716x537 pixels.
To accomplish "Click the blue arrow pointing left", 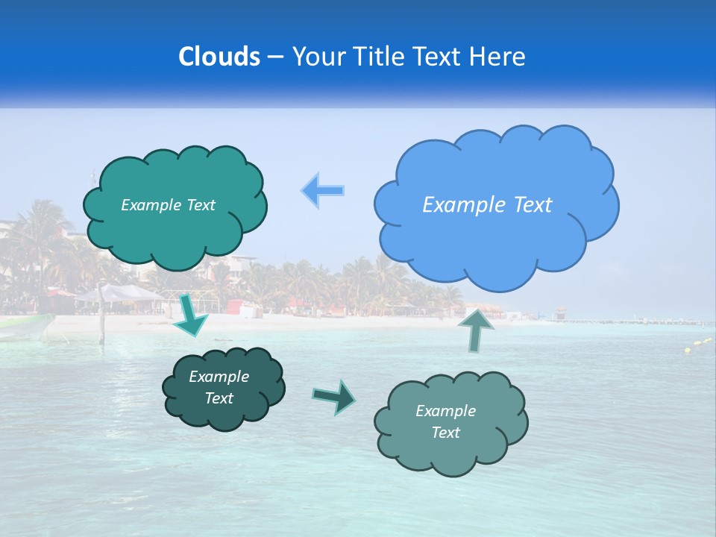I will pyautogui.click(x=323, y=191).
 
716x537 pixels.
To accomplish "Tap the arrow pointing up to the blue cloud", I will pyautogui.click(x=477, y=329).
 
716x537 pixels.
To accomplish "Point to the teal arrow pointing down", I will pyautogui.click(x=192, y=315).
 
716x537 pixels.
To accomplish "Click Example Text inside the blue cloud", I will pyautogui.click(x=487, y=205).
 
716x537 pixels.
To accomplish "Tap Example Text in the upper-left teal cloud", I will pyautogui.click(x=168, y=205).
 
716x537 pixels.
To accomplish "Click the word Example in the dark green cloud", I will pyautogui.click(x=219, y=377).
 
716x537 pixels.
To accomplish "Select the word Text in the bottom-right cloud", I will pyautogui.click(x=445, y=433).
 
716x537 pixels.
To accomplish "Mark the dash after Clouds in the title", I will pyautogui.click(x=275, y=57).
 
